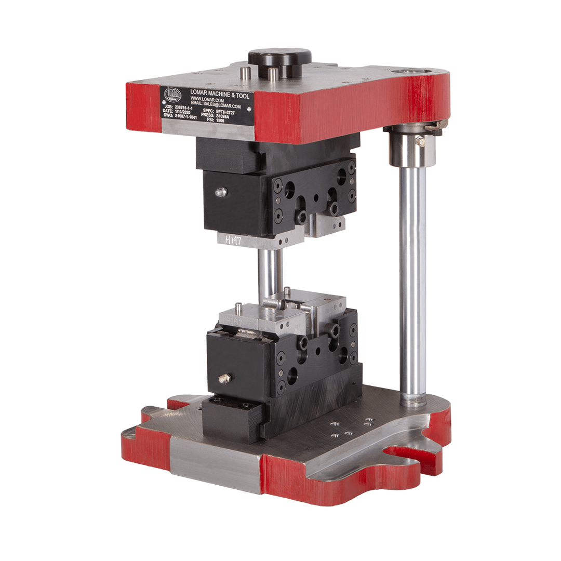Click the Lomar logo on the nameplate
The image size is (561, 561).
[x=171, y=93]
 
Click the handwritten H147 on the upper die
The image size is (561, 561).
[x=231, y=239]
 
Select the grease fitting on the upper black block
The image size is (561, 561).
[x=221, y=192]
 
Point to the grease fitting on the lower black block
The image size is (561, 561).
[x=224, y=379]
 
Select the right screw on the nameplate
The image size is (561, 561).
[x=249, y=109]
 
